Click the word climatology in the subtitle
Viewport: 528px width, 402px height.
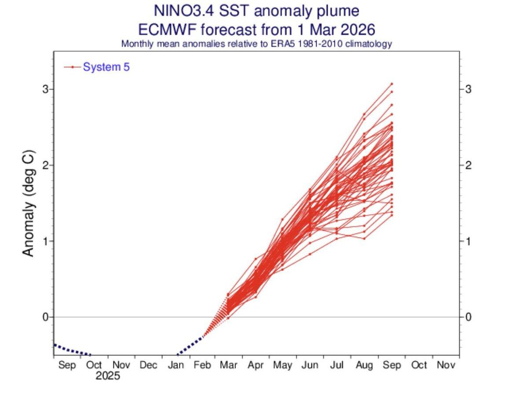pos(369,44)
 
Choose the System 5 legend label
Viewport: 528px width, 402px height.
pos(106,67)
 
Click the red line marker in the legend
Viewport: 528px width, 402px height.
pos(73,67)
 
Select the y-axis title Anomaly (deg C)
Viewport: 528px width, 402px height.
pos(28,203)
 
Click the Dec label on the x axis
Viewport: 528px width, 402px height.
pos(148,366)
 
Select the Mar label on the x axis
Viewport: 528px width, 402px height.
pos(229,366)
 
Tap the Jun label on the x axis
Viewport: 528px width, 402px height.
pos(311,366)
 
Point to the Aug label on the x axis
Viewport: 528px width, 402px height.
pos(364,366)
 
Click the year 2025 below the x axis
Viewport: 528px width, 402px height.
pos(108,377)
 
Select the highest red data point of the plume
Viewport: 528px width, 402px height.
pos(392,83)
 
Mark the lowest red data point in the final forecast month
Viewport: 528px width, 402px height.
pos(392,215)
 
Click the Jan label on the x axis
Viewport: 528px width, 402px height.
pos(176,366)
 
